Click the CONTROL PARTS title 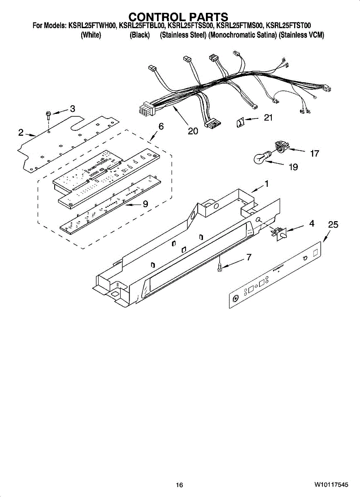[x=178, y=17]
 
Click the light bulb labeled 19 [x=261, y=157]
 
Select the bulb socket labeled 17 [x=282, y=146]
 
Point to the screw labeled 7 [x=220, y=267]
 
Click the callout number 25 [x=333, y=225]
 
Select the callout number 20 [x=193, y=131]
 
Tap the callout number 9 [x=145, y=204]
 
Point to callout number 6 [x=161, y=127]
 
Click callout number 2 [x=21, y=133]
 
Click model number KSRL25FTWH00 [x=92, y=26]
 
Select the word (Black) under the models [x=140, y=35]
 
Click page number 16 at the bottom [x=179, y=485]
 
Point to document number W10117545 [x=331, y=485]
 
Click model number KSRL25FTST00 [x=294, y=26]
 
